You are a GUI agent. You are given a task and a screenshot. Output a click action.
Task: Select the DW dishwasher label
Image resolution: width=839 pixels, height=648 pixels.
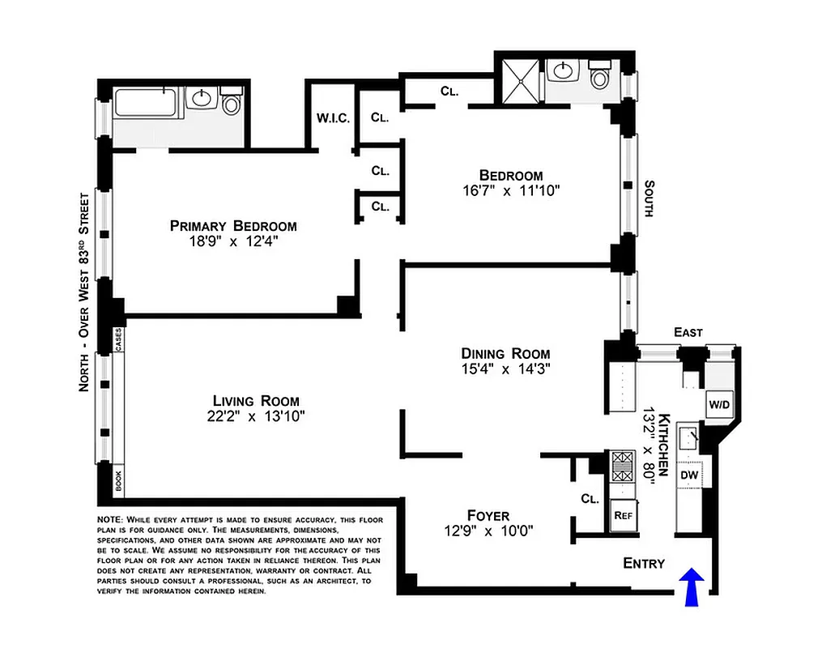click(689, 475)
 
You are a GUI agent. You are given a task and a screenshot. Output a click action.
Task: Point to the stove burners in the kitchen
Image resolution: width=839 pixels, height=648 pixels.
click(622, 468)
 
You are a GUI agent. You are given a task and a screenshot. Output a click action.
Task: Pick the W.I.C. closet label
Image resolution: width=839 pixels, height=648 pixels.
click(333, 118)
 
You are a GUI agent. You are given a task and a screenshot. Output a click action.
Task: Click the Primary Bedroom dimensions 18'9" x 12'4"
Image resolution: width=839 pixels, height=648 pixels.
click(232, 241)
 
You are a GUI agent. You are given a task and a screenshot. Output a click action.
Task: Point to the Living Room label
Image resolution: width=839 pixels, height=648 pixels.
click(256, 401)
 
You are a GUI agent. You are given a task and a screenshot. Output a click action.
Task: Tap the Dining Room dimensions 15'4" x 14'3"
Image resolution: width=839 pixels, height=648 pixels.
click(505, 369)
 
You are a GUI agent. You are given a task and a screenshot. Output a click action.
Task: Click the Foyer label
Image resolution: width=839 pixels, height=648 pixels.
click(488, 516)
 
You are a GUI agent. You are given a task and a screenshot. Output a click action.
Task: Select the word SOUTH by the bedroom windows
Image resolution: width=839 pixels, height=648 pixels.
click(648, 198)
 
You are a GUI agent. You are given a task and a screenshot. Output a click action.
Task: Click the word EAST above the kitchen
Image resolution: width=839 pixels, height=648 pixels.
click(688, 333)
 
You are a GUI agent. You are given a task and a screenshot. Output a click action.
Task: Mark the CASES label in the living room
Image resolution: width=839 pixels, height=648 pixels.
click(118, 339)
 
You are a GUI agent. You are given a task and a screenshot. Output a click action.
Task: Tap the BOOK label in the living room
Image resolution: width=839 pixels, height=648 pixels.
click(118, 482)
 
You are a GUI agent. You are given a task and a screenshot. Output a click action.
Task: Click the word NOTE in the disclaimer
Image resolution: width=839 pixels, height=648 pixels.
click(109, 519)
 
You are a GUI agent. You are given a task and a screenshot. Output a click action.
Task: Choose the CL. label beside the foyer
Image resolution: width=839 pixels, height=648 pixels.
click(589, 500)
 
